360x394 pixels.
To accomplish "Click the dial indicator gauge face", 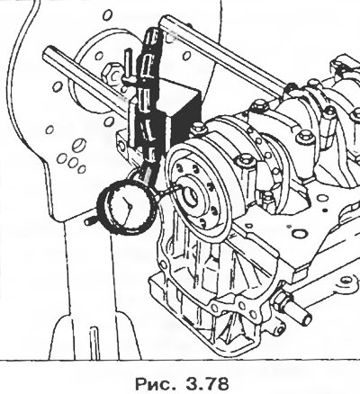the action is coord(127,208).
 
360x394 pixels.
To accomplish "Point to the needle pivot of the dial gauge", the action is coord(130,206).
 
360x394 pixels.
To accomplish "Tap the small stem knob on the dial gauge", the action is coord(90,221).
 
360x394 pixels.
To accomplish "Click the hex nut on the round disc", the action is coord(111,73).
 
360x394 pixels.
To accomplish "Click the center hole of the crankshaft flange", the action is coord(190,197).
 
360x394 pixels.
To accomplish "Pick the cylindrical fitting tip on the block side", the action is coord(301,316).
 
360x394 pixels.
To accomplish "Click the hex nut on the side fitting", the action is coord(282,300).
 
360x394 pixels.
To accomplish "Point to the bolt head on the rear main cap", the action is coord(246,160).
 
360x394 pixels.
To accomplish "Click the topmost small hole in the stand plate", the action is coord(108,14).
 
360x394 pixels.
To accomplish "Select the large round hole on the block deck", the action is coord(300,233).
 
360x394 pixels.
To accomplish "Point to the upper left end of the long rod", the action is coord(48,51).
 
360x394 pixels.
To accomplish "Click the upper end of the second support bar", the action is coord(165,21).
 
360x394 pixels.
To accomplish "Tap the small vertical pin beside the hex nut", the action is coord(128,65).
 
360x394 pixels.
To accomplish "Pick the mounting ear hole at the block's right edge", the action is coord(346,281).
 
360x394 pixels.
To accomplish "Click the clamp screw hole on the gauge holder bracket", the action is coord(121,146).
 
